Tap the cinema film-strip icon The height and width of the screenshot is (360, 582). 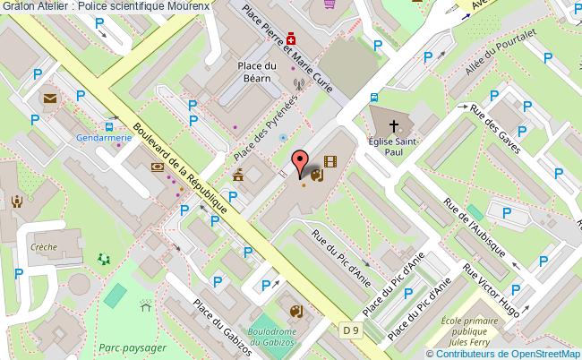click(331, 162)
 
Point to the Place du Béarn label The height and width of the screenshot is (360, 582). click(256, 71)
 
